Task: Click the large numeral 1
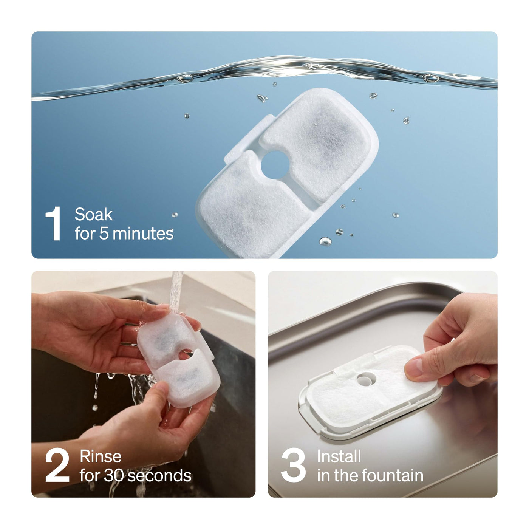[54, 223]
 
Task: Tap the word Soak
[94, 214]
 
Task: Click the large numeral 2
[57, 465]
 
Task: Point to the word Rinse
[101, 456]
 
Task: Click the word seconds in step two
[159, 476]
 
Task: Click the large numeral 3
[293, 465]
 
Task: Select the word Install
[339, 456]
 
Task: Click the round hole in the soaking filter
[275, 165]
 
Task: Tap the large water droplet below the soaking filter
[325, 241]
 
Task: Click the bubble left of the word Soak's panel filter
[187, 116]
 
